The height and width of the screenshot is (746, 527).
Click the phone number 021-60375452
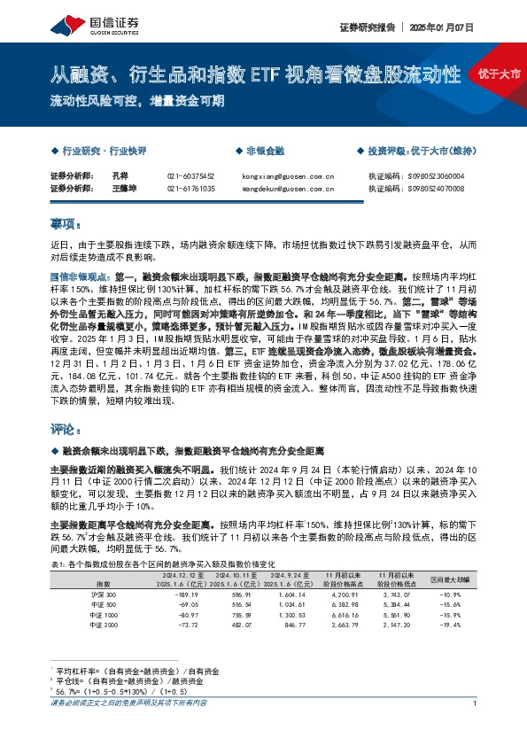pyautogui.click(x=190, y=176)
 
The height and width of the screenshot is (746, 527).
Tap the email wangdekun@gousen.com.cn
pyautogui.click(x=287, y=189)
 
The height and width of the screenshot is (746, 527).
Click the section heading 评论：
pyautogui.click(x=66, y=429)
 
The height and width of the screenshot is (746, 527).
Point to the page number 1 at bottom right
pyautogui.click(x=476, y=727)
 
